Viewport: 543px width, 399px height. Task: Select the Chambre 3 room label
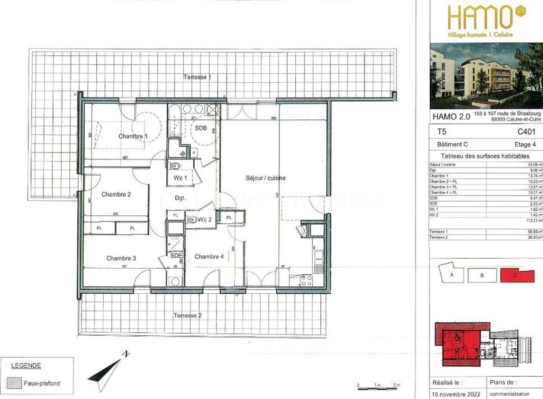click(x=121, y=258)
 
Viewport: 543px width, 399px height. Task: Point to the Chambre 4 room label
click(x=208, y=256)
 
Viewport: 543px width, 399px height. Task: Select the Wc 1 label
click(x=181, y=177)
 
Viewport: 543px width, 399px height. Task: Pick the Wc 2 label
click(x=205, y=219)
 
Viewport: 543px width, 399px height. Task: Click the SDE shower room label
click(x=176, y=255)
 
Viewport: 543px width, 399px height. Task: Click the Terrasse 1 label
click(x=197, y=77)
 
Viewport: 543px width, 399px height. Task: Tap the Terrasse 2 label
click(x=187, y=316)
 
